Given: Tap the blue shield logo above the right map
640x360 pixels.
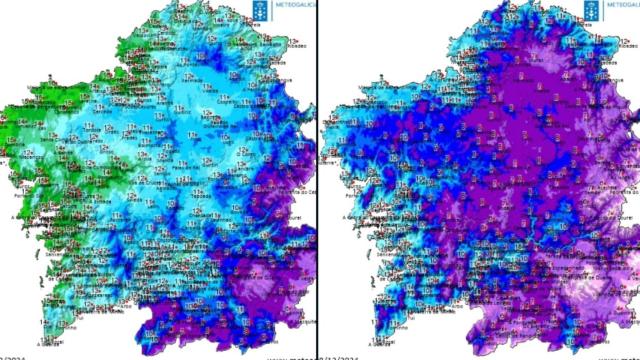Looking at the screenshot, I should point(592,10).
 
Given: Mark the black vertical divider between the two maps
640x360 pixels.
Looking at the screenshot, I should point(317,180).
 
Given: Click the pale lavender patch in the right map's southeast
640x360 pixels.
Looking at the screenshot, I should point(590,290).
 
